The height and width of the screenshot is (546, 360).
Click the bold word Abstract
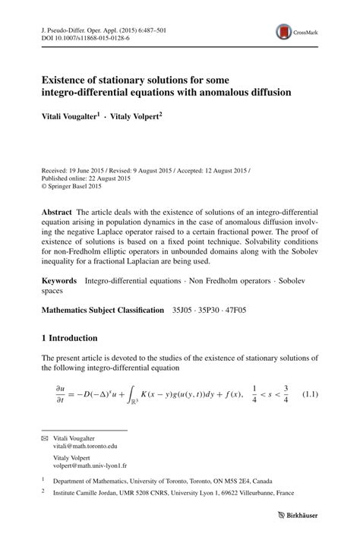click(x=58, y=211)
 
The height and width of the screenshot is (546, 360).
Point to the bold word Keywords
click(x=61, y=280)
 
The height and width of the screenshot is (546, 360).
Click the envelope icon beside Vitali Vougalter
click(x=44, y=439)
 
